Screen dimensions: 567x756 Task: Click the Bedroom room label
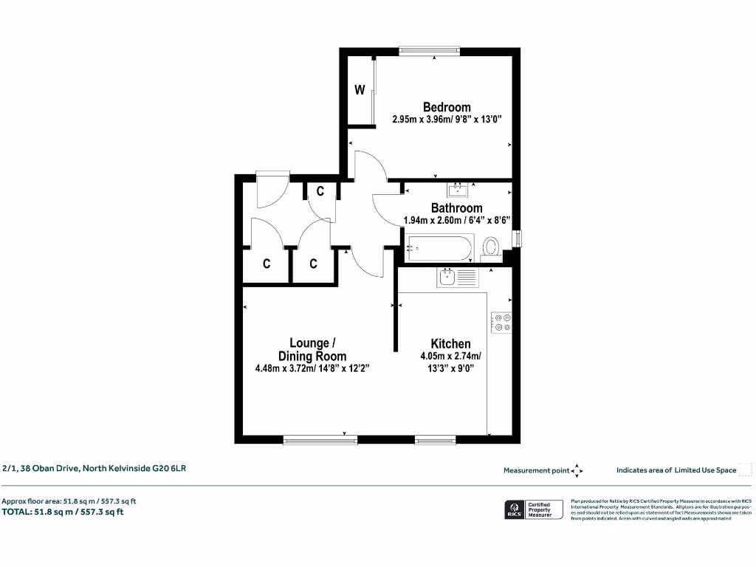pyautogui.click(x=446, y=107)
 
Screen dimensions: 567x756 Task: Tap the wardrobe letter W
pyautogui.click(x=360, y=90)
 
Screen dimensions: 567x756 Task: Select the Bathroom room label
pyautogui.click(x=456, y=208)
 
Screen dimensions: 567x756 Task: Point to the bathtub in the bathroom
pyautogui.click(x=439, y=247)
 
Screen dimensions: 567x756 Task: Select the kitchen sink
pyautogui.click(x=448, y=278)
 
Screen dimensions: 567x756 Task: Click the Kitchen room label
pyautogui.click(x=450, y=343)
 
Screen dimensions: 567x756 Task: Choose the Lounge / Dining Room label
pyautogui.click(x=312, y=348)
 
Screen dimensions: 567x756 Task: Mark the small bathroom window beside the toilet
pyautogui.click(x=517, y=238)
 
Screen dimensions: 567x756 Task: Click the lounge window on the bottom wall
pyautogui.click(x=320, y=440)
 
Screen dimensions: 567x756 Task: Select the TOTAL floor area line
pyautogui.click(x=63, y=512)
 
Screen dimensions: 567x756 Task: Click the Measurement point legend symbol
pyautogui.click(x=578, y=470)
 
